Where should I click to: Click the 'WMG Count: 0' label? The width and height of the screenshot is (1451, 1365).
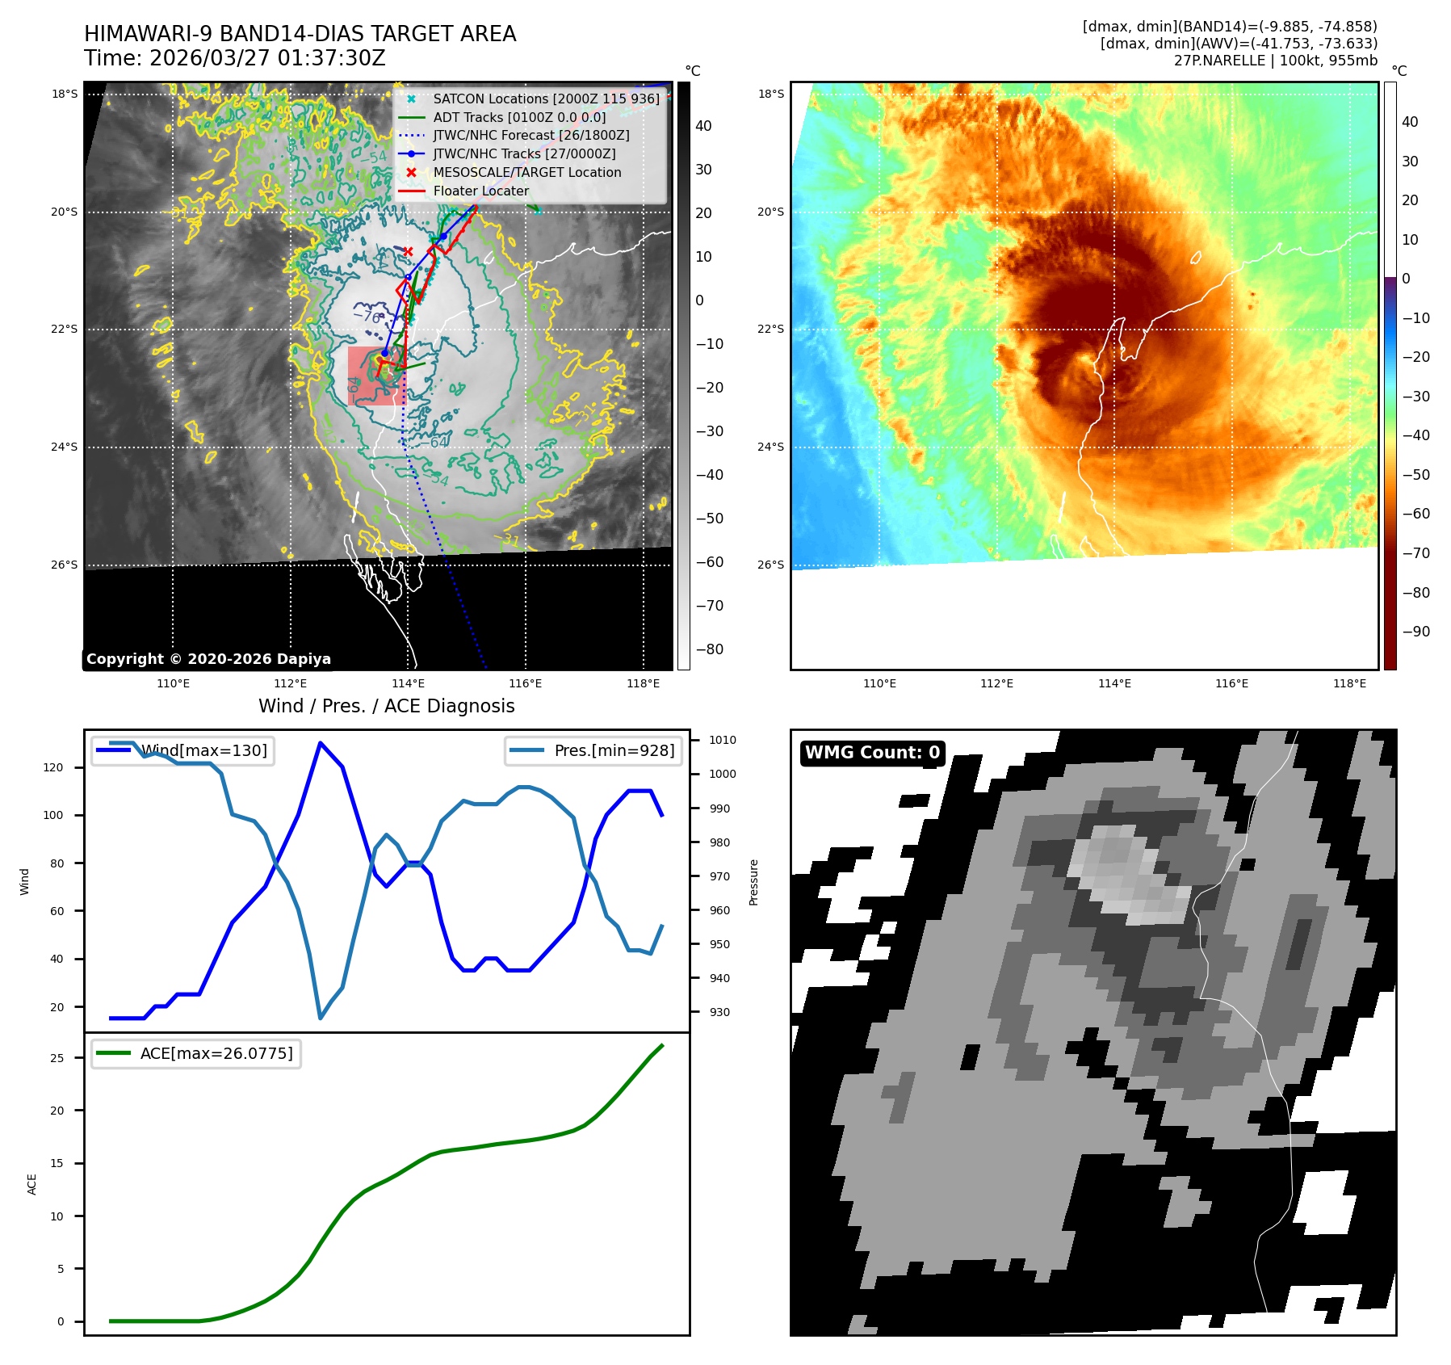pos(872,753)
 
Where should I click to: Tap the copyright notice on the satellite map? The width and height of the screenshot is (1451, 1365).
pos(208,659)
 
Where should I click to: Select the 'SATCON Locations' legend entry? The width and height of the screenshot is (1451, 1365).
pos(529,99)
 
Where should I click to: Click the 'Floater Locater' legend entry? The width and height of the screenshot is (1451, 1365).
pos(481,191)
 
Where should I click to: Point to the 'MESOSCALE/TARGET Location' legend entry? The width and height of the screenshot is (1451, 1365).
pos(526,173)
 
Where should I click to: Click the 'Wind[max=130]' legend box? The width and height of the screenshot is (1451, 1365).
pos(183,751)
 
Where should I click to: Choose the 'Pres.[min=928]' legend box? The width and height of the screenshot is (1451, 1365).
pos(593,751)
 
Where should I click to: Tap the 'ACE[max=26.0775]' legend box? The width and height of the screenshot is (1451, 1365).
pos(196,1054)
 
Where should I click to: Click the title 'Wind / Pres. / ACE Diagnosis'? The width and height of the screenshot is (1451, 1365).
pos(386,706)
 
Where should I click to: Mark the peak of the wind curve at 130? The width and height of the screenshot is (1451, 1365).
pos(321,742)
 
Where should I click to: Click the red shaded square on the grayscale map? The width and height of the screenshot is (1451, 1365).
pos(376,376)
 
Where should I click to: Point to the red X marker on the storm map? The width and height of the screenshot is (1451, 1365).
pos(409,252)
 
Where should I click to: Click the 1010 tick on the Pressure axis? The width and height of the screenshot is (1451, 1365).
pos(723,740)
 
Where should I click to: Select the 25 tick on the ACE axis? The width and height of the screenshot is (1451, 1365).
pos(57,1058)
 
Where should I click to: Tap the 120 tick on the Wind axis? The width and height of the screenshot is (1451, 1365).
pos(53,768)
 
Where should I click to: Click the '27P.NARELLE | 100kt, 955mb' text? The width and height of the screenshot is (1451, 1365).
pos(1275,61)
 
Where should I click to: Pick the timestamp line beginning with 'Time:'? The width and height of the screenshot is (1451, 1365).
pos(235,59)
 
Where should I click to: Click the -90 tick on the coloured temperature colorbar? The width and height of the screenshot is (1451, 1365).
pos(1415,632)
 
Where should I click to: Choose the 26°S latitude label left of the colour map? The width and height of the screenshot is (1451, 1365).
pos(770,565)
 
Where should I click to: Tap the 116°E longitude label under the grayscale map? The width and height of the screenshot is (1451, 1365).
pos(526,684)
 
